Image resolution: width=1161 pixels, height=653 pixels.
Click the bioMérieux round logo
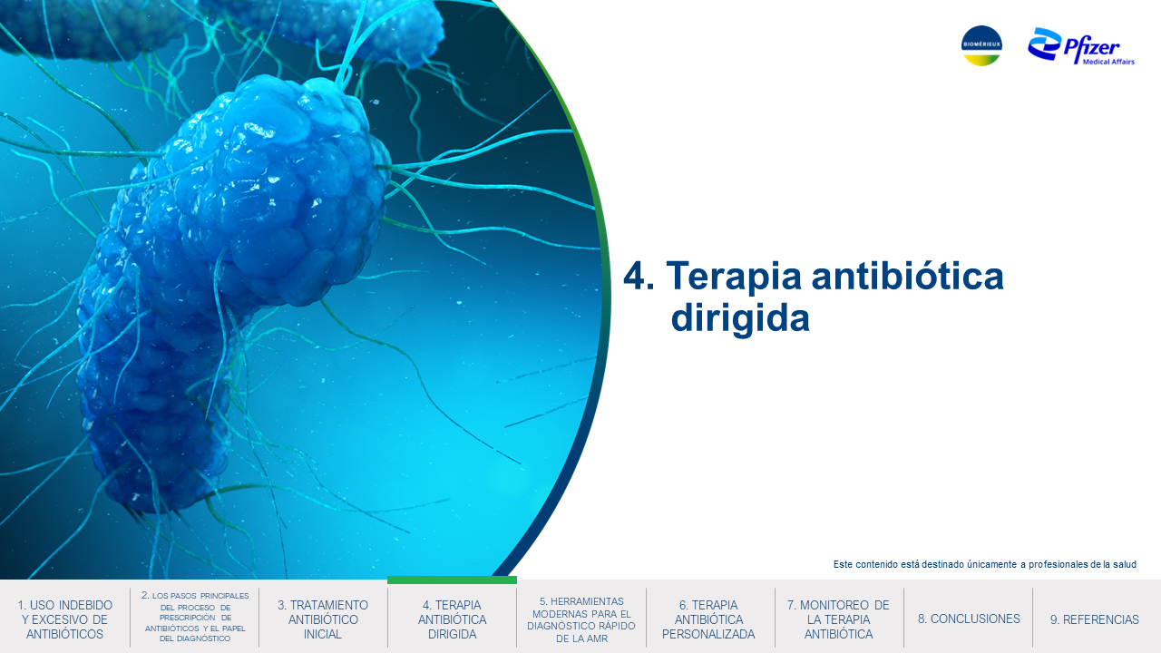coord(981,45)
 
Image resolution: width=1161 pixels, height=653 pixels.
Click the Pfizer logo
coord(1080,46)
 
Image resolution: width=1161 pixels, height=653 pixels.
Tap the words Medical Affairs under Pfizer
coord(1108,62)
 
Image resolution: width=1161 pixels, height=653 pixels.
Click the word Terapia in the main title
coord(734,277)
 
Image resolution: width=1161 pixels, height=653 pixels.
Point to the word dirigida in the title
coord(740,317)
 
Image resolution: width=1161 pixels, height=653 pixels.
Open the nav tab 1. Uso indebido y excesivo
coord(64,619)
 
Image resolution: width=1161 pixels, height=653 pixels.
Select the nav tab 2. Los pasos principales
coord(195,617)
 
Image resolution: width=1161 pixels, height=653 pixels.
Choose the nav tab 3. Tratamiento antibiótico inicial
coord(322,619)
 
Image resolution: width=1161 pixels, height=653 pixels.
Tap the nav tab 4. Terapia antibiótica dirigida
coord(452,619)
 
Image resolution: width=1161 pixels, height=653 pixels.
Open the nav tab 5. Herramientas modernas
coord(581,619)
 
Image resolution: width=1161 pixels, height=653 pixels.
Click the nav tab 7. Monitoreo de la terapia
coord(838,619)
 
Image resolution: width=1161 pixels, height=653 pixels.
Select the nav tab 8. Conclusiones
coord(969,619)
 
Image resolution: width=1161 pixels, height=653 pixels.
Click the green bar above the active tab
coord(452,580)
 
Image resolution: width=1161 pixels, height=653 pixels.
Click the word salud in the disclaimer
coord(1124,564)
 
